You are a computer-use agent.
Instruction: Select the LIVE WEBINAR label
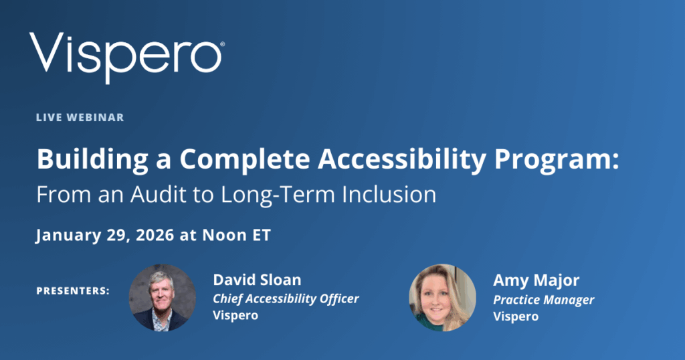point(80,117)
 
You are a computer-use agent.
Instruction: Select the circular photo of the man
point(163,297)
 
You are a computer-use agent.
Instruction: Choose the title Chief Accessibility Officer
point(286,298)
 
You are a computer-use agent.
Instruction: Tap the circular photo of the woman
point(442,297)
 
